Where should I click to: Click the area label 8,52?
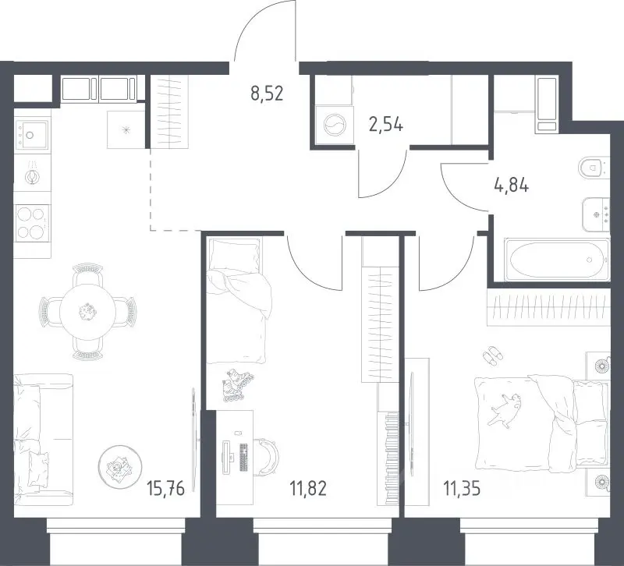[267, 94]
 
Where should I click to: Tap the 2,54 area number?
[385, 125]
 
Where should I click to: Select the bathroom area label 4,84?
[512, 185]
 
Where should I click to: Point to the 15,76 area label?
[165, 488]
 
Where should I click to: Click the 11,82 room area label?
[308, 488]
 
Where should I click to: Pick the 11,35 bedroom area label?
[462, 488]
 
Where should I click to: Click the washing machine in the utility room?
[335, 126]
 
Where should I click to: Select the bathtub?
[557, 260]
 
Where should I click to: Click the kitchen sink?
[31, 135]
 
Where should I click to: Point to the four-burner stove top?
[32, 223]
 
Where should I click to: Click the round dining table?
[87, 311]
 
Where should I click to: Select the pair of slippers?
[493, 356]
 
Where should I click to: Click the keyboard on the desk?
[243, 457]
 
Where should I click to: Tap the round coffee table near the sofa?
[120, 465]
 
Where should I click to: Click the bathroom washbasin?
[596, 215]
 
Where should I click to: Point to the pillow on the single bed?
[234, 254]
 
